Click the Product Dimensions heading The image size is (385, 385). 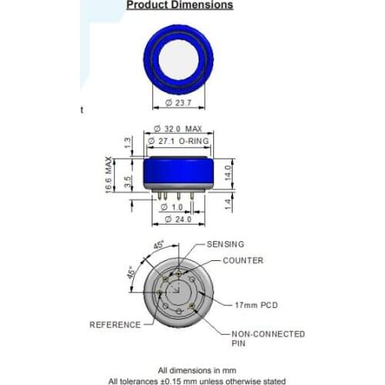point(179,5)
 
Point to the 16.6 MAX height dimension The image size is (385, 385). point(110,175)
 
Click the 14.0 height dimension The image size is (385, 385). point(227,171)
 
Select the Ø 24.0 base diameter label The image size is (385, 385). point(179,220)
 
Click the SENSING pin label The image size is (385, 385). point(225,243)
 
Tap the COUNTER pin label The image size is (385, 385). point(243,260)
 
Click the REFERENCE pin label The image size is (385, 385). point(115,325)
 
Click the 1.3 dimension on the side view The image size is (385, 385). point(128,142)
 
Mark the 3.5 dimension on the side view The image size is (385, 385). point(128,182)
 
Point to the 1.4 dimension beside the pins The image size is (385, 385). point(227,203)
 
